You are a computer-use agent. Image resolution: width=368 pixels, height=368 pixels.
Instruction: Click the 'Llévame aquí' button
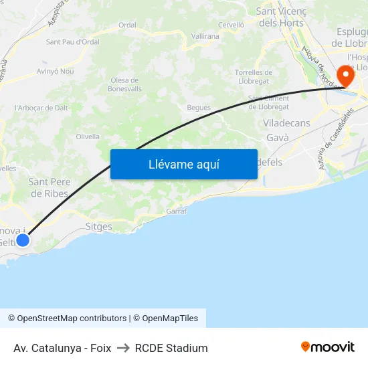183,165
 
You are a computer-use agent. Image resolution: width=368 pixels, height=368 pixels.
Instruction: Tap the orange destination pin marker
346,75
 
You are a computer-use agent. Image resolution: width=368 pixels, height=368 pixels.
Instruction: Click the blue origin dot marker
23,239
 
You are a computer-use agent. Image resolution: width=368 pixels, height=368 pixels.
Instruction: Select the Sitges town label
99,227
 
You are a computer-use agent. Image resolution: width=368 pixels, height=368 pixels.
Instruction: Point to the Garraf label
176,211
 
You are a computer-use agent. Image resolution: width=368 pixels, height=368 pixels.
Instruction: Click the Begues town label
199,107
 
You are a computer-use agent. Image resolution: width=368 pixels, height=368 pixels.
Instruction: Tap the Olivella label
88,136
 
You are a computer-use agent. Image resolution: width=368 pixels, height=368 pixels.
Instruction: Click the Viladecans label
286,124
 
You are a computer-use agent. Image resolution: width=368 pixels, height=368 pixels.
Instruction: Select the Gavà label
277,137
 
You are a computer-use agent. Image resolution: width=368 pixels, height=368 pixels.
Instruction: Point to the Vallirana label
205,35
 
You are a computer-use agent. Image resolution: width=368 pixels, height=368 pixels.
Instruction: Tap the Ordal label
127,25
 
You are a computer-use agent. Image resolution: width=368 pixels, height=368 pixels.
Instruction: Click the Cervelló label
231,25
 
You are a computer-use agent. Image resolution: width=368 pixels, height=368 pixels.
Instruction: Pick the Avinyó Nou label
56,71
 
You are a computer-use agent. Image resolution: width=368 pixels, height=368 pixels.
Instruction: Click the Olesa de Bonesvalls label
125,84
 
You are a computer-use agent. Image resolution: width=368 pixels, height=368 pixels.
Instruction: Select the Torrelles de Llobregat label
254,76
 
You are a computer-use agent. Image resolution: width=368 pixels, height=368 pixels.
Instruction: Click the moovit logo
327,347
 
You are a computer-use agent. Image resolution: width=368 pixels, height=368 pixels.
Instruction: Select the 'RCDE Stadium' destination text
171,348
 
